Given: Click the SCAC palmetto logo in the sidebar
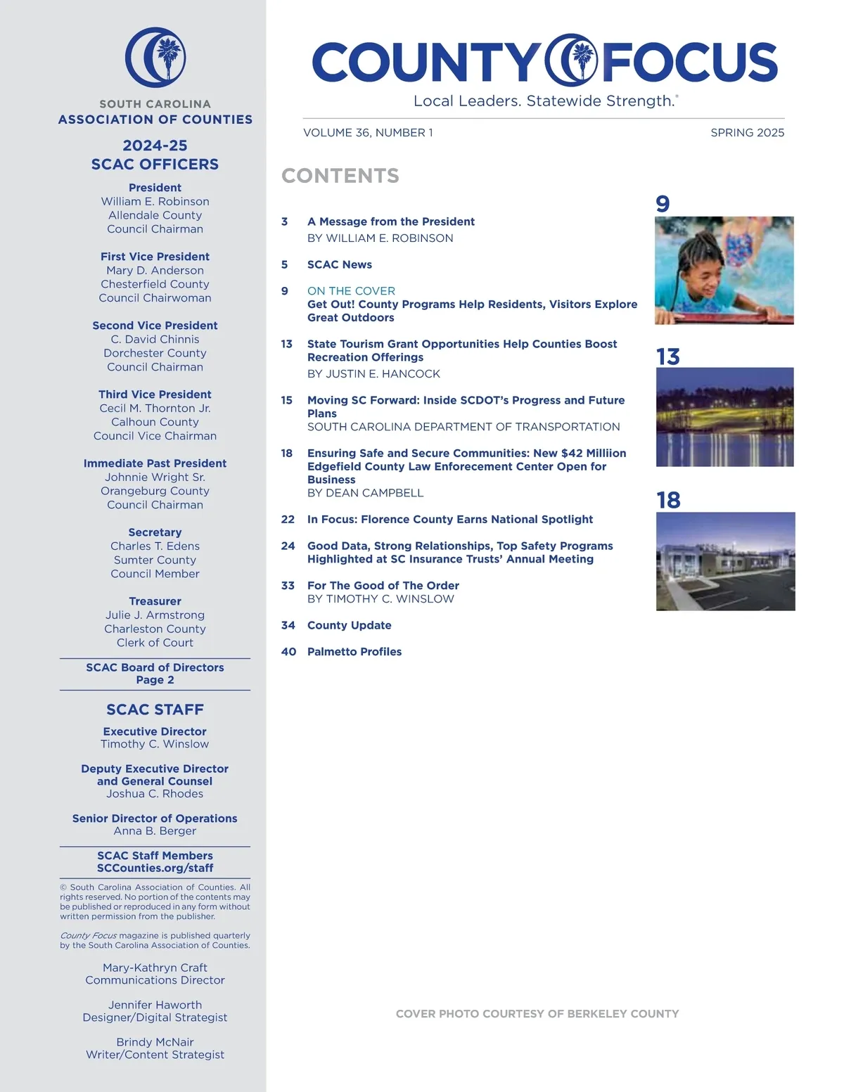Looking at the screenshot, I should click(155, 58).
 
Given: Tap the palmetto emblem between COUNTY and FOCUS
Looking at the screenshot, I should click(572, 60).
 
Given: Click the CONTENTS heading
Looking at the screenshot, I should click(340, 176).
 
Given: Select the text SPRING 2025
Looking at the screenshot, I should click(747, 133).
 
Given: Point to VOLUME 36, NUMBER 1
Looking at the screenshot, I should click(368, 133).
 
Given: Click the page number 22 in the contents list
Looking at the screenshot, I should click(288, 520).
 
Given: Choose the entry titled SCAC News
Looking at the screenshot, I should click(340, 265).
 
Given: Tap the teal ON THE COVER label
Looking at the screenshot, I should click(351, 291).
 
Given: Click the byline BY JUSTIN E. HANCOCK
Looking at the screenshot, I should click(373, 374).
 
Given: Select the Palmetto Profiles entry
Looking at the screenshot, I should click(354, 652).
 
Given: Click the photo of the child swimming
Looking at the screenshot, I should click(724, 271).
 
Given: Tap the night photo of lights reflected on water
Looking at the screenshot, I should click(724, 417).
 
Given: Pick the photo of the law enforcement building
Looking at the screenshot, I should click(725, 561).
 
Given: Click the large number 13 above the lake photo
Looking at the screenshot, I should click(668, 357).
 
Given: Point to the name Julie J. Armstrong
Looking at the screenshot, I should click(155, 615).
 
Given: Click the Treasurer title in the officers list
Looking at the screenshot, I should click(155, 601).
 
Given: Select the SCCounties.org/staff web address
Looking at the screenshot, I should click(155, 868).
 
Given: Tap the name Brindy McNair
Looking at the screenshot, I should click(155, 1042).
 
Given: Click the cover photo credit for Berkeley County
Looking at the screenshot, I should click(537, 1014).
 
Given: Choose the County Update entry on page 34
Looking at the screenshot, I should click(350, 626).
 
